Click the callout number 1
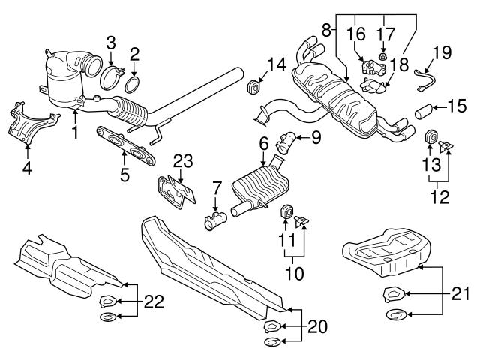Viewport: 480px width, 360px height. click(x=75, y=133)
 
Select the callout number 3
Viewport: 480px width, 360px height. click(x=110, y=41)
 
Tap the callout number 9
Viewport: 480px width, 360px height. click(x=316, y=137)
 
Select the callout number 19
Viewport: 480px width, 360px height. click(x=442, y=52)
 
